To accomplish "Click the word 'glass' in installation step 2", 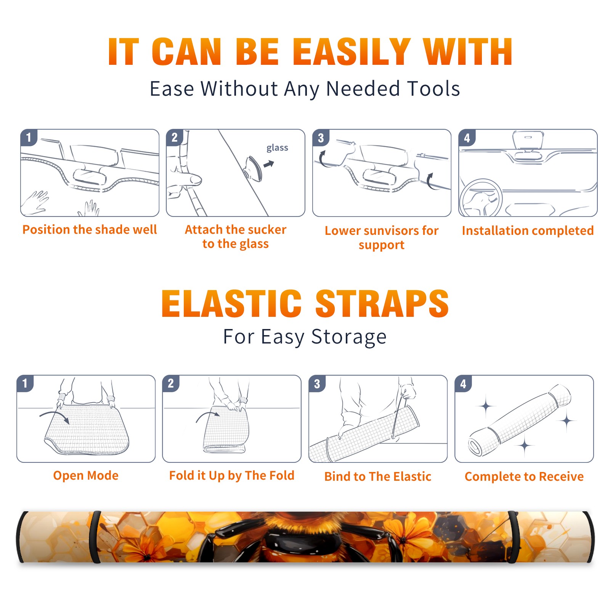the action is (x=277, y=148).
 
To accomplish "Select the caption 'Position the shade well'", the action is (x=90, y=230).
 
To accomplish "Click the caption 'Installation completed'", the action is (x=528, y=231).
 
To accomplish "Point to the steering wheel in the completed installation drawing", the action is (x=481, y=198).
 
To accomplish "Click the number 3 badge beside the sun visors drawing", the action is (x=321, y=138).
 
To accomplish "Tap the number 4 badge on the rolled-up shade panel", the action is (x=463, y=384).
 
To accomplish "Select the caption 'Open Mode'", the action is (x=86, y=475).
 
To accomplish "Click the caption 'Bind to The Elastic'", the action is (x=378, y=477).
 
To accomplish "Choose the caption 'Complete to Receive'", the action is (x=524, y=477).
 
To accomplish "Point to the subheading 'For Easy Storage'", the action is (x=305, y=337).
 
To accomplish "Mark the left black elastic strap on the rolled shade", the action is (x=96, y=537).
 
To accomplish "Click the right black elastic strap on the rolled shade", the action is (x=513, y=537).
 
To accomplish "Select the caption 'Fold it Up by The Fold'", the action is (x=232, y=476).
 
